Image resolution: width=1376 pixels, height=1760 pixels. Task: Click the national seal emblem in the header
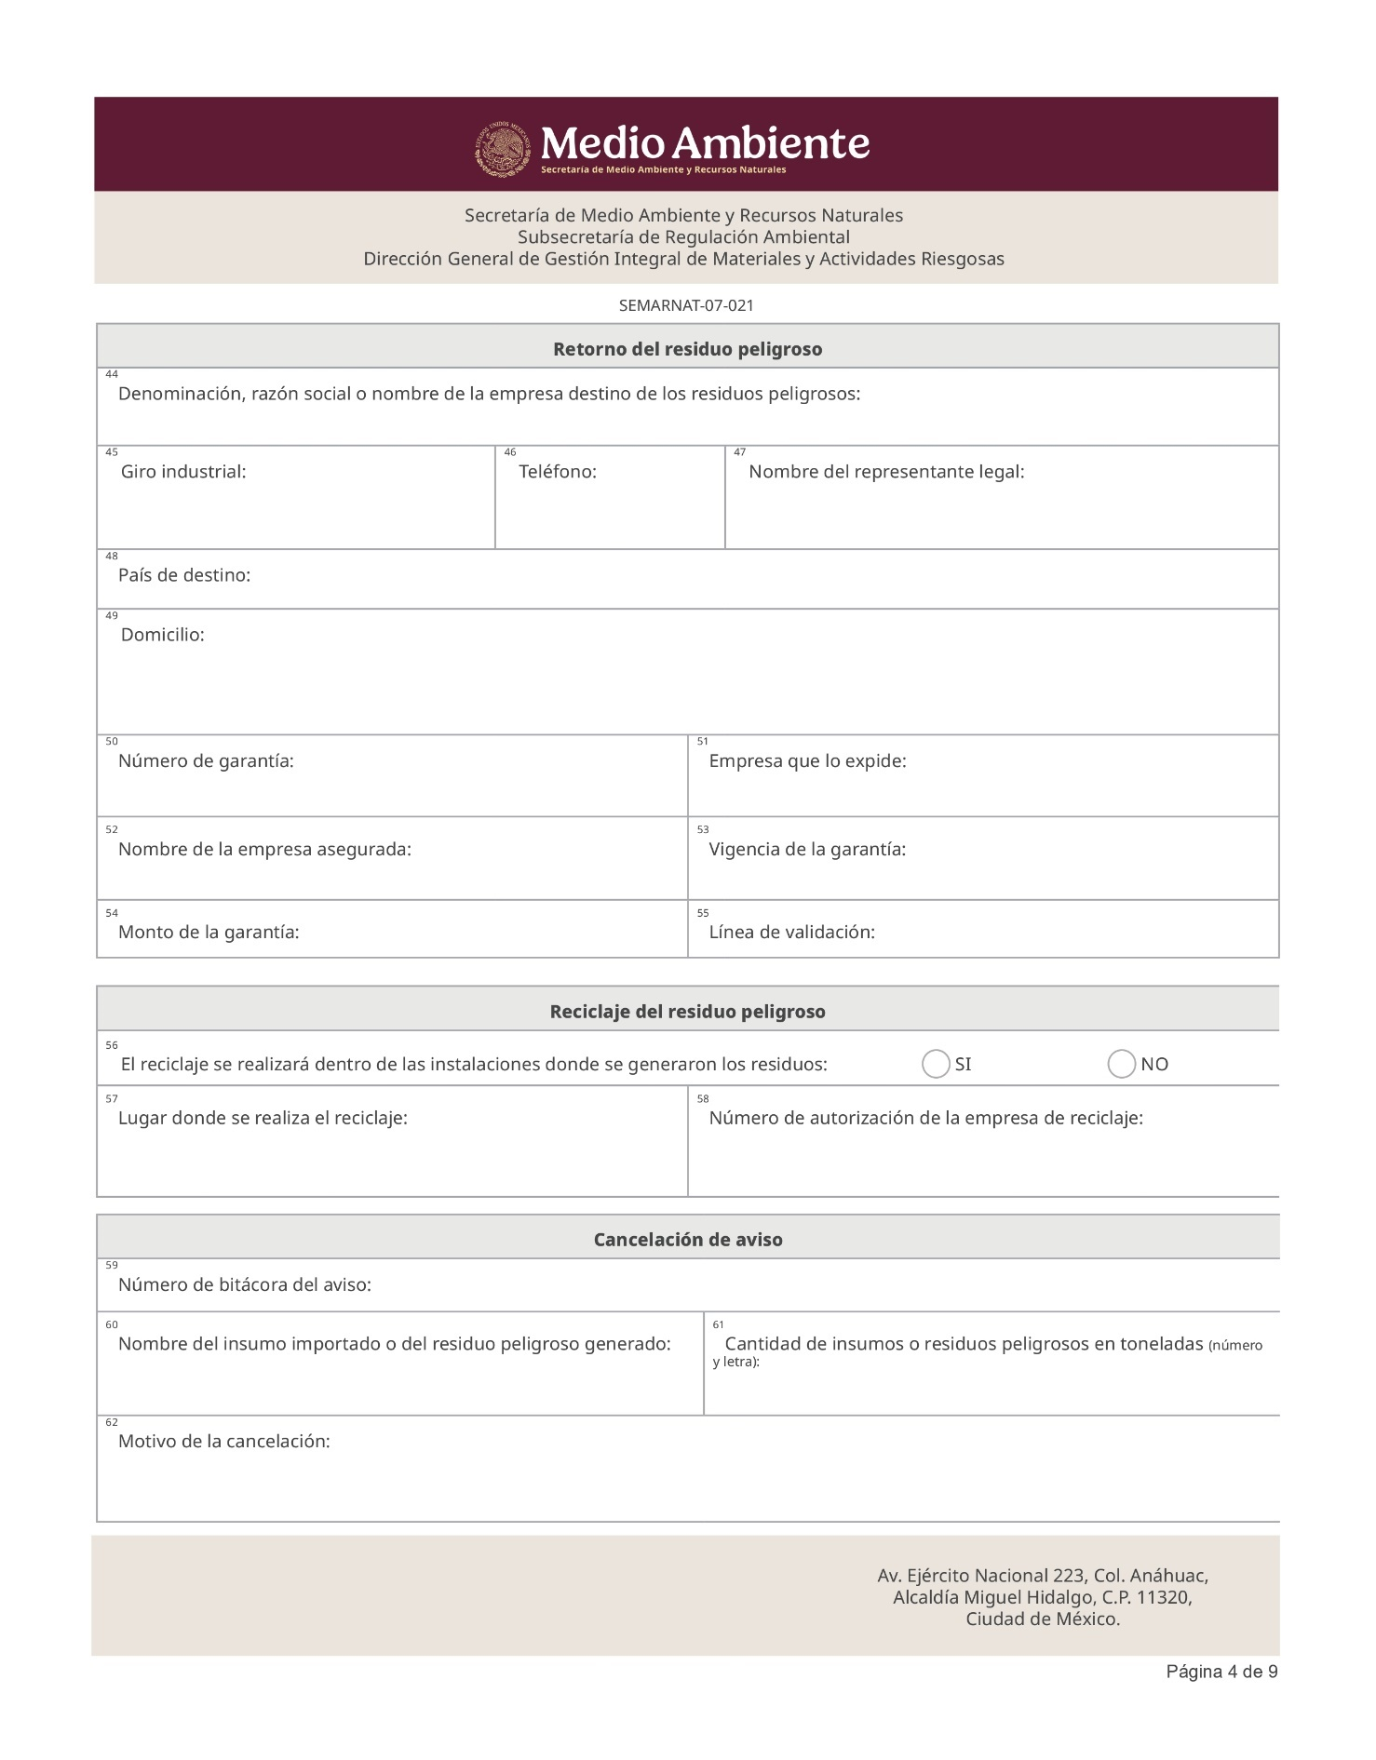(x=503, y=149)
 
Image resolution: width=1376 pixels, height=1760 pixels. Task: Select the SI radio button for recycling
(x=935, y=1064)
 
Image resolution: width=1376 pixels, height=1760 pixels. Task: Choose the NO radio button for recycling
(x=1121, y=1064)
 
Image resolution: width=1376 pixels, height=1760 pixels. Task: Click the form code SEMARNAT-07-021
(x=686, y=305)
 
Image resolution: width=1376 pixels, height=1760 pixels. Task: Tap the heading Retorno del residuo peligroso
(x=687, y=349)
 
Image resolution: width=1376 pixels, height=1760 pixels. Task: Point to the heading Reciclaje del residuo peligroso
(x=687, y=1012)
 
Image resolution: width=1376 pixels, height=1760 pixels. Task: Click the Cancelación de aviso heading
(x=688, y=1240)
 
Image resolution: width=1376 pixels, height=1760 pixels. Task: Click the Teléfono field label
(x=557, y=472)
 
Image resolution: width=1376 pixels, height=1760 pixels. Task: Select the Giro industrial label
(x=183, y=472)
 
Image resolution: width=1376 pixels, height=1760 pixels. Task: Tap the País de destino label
(x=184, y=575)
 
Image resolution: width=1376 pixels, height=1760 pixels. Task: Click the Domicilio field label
(x=163, y=635)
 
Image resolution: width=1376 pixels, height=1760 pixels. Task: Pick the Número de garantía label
(x=206, y=761)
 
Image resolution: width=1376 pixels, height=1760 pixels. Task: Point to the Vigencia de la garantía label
(x=807, y=849)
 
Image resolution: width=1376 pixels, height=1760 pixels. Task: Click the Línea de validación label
(x=791, y=933)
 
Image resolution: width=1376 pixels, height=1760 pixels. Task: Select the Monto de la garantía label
(x=209, y=933)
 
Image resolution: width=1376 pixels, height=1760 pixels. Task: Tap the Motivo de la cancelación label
(x=224, y=1442)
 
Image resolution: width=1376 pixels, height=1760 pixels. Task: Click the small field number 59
(x=112, y=1266)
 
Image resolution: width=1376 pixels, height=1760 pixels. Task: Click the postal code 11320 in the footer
(x=1163, y=1598)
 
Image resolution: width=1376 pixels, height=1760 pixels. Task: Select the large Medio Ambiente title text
(x=705, y=143)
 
